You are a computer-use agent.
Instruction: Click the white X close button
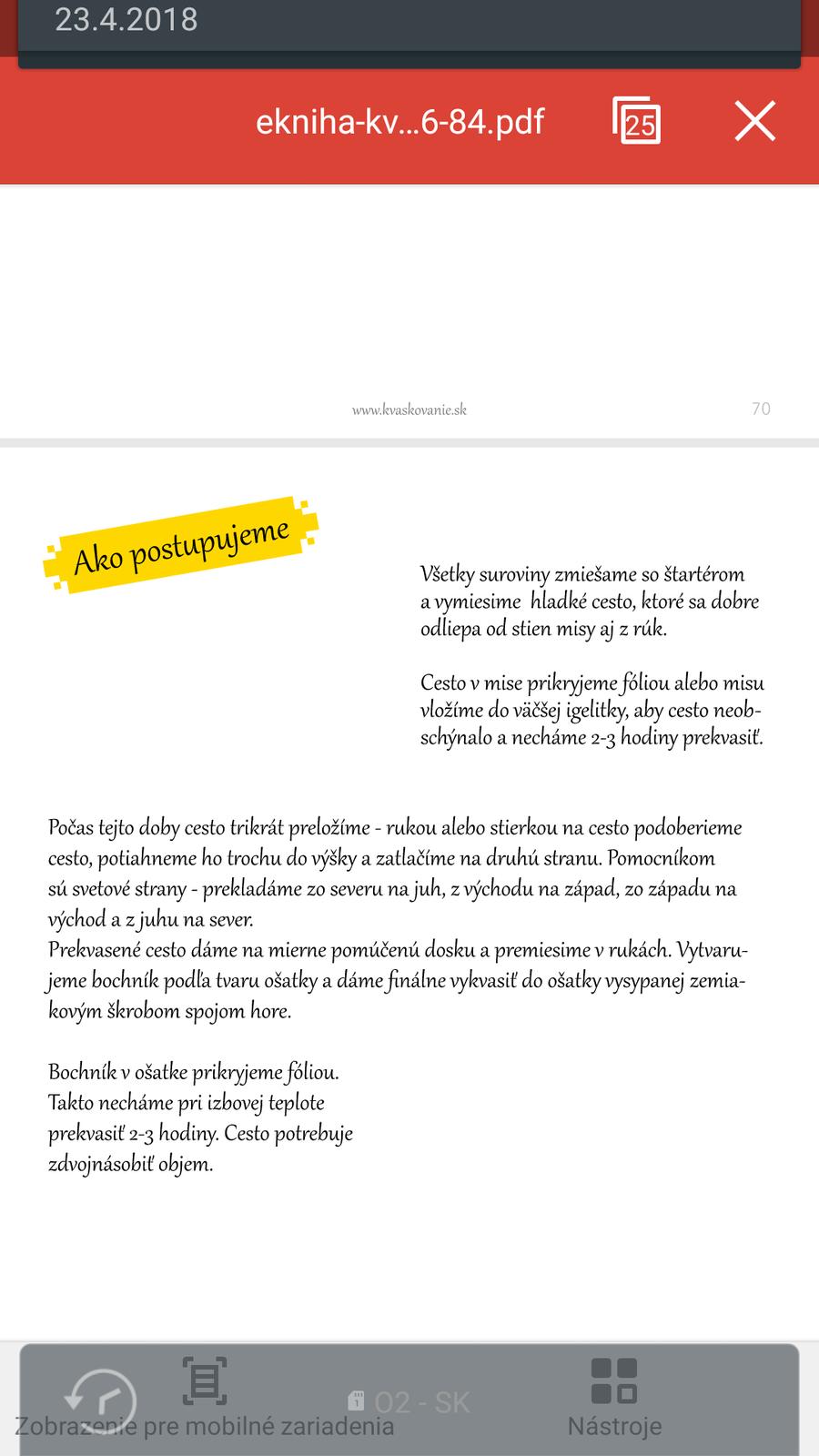(754, 121)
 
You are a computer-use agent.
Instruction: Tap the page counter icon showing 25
(637, 120)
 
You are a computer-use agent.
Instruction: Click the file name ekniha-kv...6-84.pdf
(399, 121)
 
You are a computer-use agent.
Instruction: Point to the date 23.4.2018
(126, 19)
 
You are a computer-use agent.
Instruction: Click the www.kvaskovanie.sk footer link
(409, 409)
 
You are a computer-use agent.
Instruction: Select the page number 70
(761, 409)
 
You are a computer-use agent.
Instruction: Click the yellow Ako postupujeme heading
(181, 546)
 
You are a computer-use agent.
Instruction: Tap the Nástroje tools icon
(614, 1381)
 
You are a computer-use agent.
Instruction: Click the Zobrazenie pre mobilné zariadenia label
(205, 1426)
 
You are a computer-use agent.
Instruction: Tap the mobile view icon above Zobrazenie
(205, 1380)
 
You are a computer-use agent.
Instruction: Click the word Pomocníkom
(661, 858)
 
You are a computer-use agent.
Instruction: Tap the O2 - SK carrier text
(422, 1402)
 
